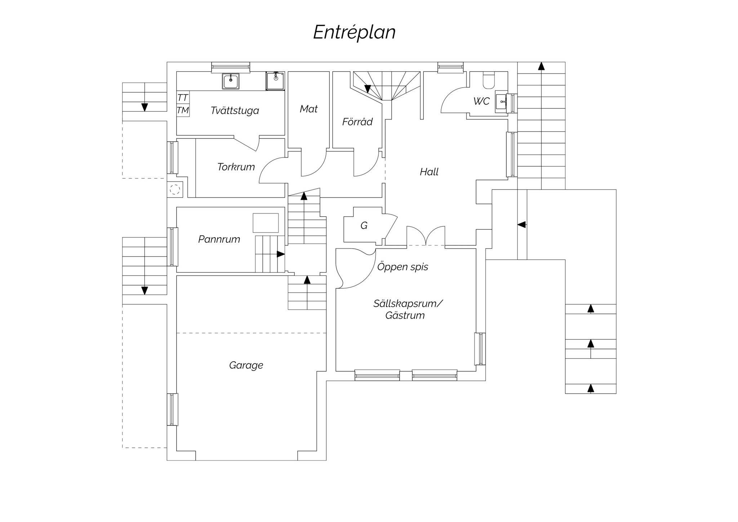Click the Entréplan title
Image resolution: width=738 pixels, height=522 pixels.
(x=354, y=32)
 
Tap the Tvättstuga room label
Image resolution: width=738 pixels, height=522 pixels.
(x=235, y=110)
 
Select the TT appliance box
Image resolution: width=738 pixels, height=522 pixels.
(x=183, y=98)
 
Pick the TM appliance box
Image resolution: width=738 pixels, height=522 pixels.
(x=183, y=110)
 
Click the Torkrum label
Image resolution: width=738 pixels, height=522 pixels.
(x=236, y=167)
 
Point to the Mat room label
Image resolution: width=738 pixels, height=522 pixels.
(x=308, y=109)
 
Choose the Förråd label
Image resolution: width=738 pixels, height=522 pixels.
(x=357, y=121)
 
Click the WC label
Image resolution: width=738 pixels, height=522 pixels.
(x=481, y=101)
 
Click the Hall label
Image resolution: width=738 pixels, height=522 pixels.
(x=429, y=172)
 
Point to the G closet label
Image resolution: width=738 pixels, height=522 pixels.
(x=364, y=226)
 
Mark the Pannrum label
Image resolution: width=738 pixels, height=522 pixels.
(x=219, y=239)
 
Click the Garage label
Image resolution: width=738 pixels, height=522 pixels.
(x=246, y=366)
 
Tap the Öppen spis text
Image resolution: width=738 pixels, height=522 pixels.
(x=403, y=267)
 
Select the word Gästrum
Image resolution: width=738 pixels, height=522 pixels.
(x=405, y=315)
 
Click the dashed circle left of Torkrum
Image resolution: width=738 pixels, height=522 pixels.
(x=175, y=189)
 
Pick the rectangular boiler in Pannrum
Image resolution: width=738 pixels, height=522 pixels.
(x=266, y=223)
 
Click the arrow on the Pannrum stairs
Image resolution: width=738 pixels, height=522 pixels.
(x=281, y=254)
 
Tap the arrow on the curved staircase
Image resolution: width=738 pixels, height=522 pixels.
(x=368, y=89)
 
